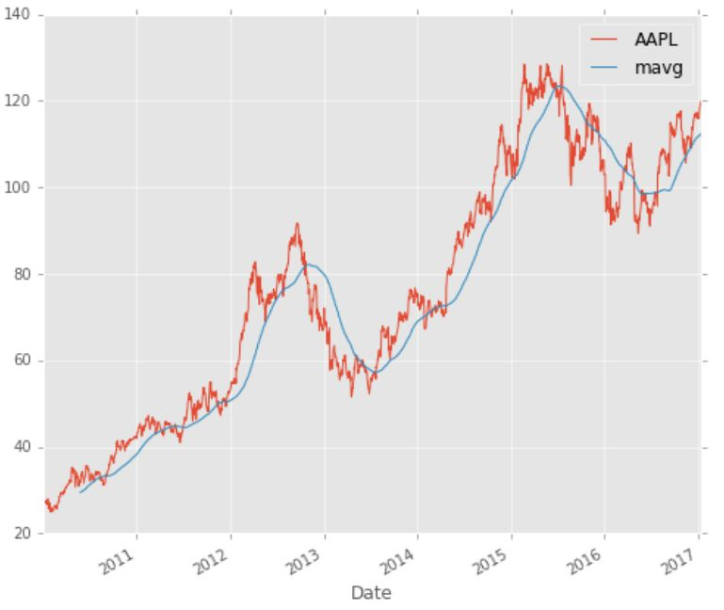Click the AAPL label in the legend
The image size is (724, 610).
click(x=656, y=40)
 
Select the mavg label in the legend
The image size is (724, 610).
click(x=659, y=68)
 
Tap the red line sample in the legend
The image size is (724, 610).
click(x=603, y=40)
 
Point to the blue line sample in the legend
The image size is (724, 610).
click(x=603, y=68)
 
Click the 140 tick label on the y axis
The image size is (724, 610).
click(x=17, y=15)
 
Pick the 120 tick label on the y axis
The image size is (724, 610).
click(x=17, y=101)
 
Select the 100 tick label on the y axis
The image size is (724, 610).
click(x=17, y=188)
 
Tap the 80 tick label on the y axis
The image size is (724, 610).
click(x=22, y=274)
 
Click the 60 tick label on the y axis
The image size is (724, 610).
click(x=22, y=361)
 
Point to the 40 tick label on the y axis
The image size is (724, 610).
click(x=22, y=447)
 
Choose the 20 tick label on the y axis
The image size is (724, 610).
click(x=22, y=534)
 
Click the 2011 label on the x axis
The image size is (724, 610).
click(x=117, y=561)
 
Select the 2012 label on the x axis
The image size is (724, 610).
click(x=211, y=561)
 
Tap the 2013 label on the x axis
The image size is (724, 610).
click(x=304, y=561)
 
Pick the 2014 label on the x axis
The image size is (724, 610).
click(x=397, y=561)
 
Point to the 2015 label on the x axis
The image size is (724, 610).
click(x=491, y=561)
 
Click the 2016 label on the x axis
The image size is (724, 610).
click(x=585, y=561)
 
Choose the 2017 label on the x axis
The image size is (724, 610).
click(x=679, y=561)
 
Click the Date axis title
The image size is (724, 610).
click(x=371, y=593)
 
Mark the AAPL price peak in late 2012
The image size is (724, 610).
click(x=297, y=223)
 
